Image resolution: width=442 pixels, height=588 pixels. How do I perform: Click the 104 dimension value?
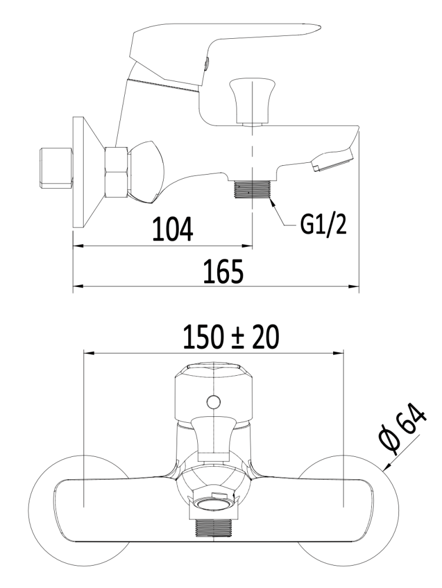point(172,228)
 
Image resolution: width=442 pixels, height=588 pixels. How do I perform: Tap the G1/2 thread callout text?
point(323,225)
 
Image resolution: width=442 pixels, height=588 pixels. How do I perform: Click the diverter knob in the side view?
point(251,101)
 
